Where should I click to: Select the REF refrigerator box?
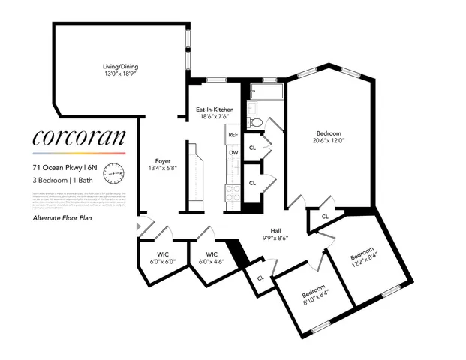pos(233,136)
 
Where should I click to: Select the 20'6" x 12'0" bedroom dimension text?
pos(328,140)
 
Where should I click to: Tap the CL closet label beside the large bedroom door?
pos(325,216)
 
